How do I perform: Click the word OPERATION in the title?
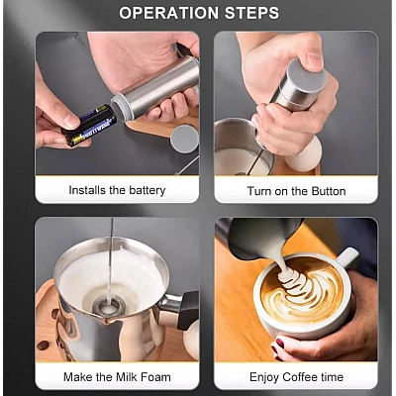(168, 13)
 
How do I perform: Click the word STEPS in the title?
(252, 13)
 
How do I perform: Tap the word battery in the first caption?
(148, 190)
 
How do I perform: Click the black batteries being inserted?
(88, 126)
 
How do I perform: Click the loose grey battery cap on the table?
(184, 139)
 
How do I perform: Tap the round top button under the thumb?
(306, 76)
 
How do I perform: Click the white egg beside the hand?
(302, 154)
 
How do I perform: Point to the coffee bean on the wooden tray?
(43, 346)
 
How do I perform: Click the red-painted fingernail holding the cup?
(280, 344)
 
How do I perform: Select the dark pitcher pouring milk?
(260, 239)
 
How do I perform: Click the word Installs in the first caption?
(87, 190)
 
